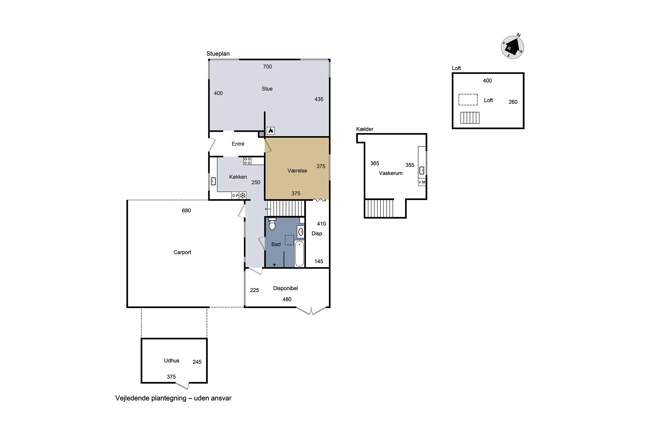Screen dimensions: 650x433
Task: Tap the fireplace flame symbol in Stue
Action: [x=271, y=131]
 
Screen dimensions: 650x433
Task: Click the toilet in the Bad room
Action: [x=272, y=224]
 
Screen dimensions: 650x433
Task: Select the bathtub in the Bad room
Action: [x=299, y=254]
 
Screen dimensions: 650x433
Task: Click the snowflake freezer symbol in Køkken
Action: [x=243, y=195]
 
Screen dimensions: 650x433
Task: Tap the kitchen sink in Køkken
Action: [x=213, y=181]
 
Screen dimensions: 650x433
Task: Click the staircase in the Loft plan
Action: [x=470, y=118]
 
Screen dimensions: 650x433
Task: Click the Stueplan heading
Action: [x=218, y=53]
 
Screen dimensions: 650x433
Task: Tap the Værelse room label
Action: [x=297, y=171]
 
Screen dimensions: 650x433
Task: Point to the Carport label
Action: [x=182, y=252]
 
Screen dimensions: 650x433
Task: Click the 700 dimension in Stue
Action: [x=268, y=66]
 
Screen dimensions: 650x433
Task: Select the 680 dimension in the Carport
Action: [x=186, y=210]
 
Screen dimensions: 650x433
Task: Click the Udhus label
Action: [x=172, y=360]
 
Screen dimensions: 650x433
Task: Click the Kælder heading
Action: [x=365, y=129]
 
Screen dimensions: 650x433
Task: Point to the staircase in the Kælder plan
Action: [x=379, y=208]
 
